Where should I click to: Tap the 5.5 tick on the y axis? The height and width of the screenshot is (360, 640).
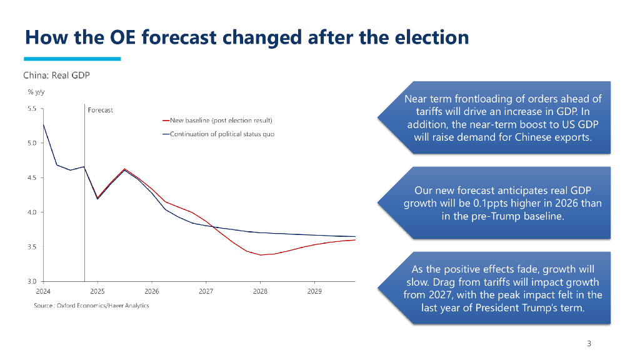click(32, 108)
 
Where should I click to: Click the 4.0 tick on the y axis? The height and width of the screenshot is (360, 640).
click(32, 212)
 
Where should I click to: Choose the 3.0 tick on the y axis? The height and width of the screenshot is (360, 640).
click(32, 282)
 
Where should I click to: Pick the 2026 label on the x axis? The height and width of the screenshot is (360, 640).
click(152, 292)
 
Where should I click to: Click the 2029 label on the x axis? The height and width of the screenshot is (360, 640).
click(314, 292)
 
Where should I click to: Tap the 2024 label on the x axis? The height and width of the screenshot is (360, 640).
click(43, 292)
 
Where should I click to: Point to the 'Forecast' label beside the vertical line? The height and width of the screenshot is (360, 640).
click(101, 111)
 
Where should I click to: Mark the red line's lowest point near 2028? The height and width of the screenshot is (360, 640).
click(261, 255)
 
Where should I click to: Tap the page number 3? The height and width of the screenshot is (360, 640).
click(589, 344)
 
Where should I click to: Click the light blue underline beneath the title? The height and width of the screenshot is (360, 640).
click(72, 59)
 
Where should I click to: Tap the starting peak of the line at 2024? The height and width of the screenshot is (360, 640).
click(44, 124)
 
